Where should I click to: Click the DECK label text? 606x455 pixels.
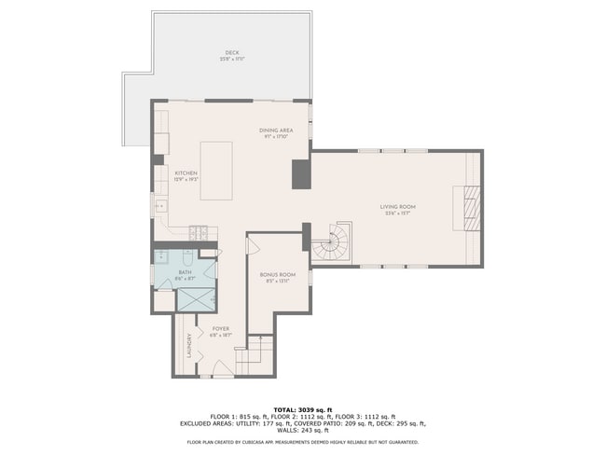point(230,52)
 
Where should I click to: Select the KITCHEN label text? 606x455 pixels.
point(186,172)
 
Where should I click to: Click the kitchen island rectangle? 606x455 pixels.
point(216,171)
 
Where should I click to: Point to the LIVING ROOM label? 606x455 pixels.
point(397,206)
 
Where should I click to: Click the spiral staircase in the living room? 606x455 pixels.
point(332,241)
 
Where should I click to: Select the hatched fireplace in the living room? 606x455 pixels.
point(470,208)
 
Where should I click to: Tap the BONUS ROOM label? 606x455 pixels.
point(277,274)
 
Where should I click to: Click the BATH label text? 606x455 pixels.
point(185,272)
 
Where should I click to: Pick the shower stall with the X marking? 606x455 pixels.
point(197,298)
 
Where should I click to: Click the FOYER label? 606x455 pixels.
point(220,328)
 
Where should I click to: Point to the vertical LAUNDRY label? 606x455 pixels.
point(189,345)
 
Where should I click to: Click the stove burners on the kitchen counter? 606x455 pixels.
point(200,231)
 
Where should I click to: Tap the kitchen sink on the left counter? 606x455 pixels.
point(159,206)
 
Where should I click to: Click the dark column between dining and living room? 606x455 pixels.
point(301,174)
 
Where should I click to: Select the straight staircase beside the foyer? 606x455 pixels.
point(255,355)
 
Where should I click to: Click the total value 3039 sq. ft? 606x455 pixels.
point(313,409)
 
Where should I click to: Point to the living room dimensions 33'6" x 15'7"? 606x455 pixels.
point(397,214)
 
